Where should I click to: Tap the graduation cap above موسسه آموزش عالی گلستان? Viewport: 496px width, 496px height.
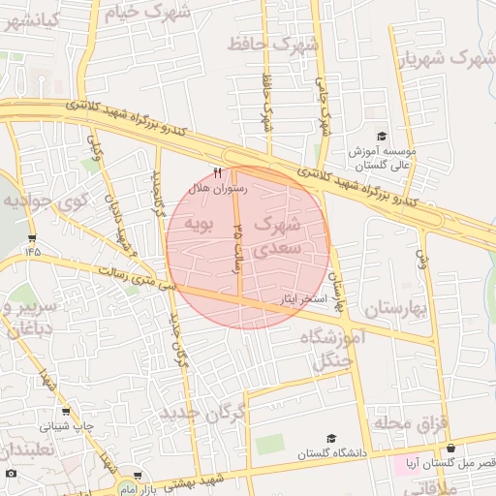382,137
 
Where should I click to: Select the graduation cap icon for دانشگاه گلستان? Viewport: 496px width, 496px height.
332,440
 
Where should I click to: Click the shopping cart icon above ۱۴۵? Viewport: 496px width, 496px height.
33,237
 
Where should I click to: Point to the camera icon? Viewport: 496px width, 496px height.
11,474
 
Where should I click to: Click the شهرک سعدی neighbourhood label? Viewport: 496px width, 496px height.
276,236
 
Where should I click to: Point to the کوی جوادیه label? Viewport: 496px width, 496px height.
45,202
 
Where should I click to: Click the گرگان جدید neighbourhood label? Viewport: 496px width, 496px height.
205,413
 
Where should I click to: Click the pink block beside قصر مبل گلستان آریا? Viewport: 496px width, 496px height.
402,465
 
